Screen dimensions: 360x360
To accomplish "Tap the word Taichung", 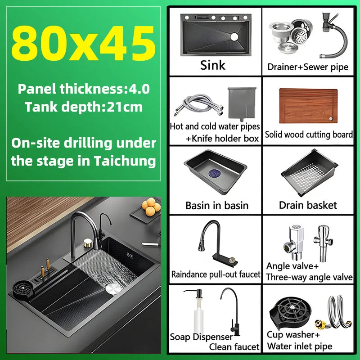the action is pos(125,161).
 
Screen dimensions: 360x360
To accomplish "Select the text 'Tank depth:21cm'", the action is pos(84,107).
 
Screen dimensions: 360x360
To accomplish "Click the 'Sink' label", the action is pos(213,65).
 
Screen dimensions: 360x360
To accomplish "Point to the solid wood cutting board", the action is pos(308,106).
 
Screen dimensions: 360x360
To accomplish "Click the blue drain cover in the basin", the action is pos(215,173).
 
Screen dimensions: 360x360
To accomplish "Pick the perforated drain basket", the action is pos(310,172).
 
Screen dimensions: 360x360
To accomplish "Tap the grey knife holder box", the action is pos(242,104).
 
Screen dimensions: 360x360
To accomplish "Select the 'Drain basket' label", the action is pos(308,205).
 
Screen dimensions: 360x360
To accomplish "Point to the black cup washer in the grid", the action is pos(291,313).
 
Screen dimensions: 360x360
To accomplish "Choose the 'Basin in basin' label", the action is pos(217,206).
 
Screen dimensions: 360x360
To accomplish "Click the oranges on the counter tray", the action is pos(151,207).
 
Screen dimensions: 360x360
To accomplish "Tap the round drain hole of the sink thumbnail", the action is pos(234,37).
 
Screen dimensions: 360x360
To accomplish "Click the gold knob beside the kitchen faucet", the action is pos(87,243).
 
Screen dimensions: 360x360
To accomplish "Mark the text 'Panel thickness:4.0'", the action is pos(84,89).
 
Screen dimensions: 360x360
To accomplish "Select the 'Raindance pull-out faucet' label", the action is pos(216,274).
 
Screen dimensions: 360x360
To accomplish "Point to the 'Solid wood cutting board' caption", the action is pos(309,135).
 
